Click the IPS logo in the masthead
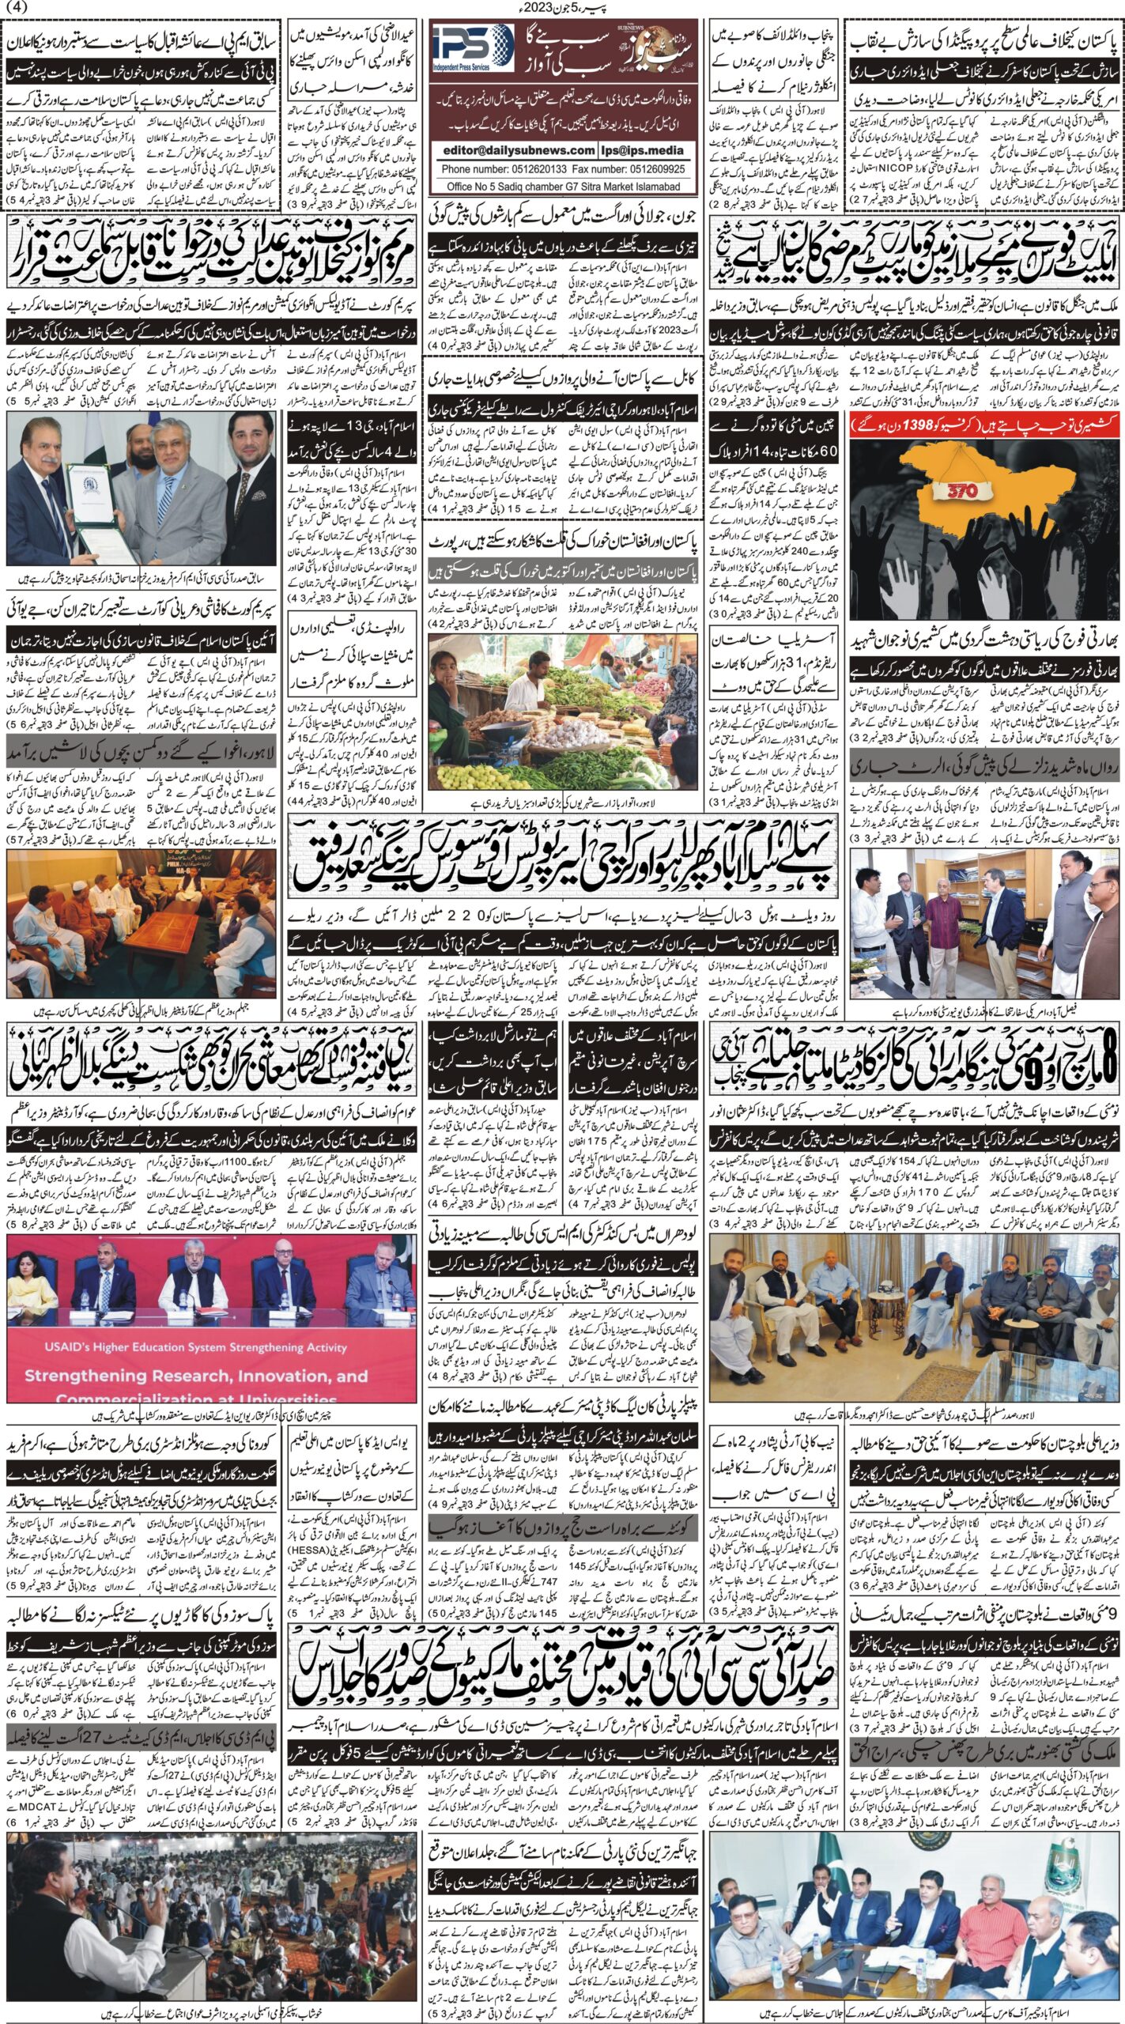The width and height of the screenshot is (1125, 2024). coord(472,47)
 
